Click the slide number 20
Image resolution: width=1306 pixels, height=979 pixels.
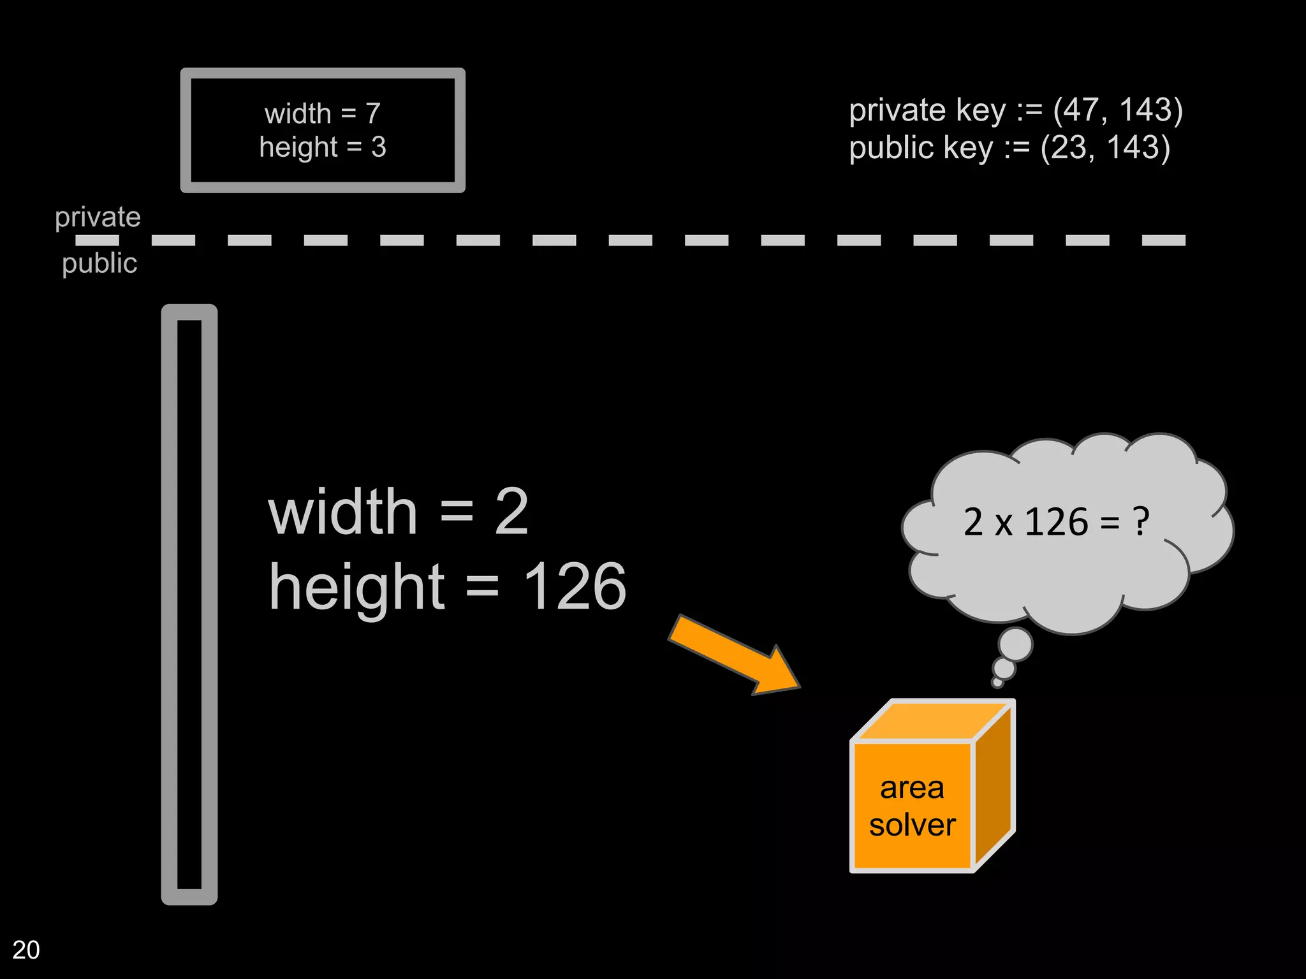point(26,950)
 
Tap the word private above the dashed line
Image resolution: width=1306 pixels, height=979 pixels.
point(98,218)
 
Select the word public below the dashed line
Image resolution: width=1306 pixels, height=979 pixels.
point(99,263)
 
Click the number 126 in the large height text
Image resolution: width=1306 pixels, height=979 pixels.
point(574,586)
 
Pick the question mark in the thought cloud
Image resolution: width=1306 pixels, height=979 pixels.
point(1140,522)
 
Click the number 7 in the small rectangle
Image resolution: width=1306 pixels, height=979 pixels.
point(372,114)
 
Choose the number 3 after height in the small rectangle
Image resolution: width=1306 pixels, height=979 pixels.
point(379,147)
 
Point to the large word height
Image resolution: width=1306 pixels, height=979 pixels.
point(356,588)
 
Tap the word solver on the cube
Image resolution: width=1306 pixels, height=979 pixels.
point(912,825)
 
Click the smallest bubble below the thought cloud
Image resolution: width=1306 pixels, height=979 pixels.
point(997,683)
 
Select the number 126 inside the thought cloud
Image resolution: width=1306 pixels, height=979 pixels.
point(1056,522)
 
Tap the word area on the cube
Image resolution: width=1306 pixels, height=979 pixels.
point(912,788)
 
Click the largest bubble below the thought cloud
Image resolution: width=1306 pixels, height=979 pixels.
point(1015,644)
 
